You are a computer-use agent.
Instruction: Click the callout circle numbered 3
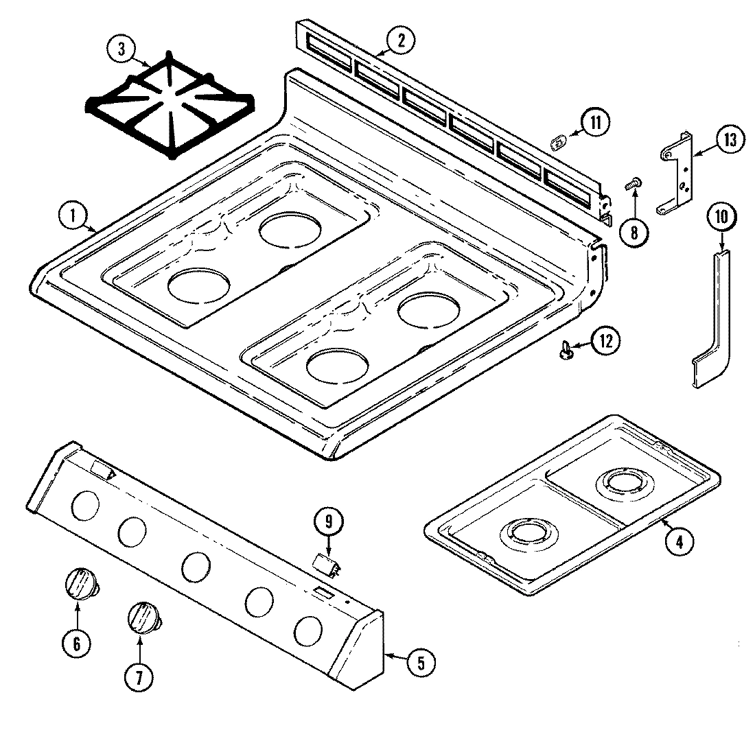(121, 49)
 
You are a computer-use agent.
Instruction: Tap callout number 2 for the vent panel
(400, 40)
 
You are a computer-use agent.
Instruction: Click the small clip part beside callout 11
(559, 142)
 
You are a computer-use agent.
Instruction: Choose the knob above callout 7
(143, 615)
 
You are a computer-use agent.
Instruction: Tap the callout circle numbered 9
(328, 522)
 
